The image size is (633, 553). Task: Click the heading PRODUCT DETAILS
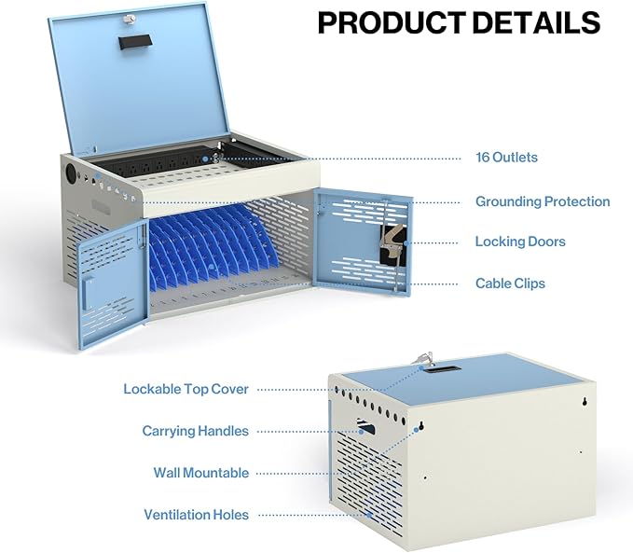pos(459,22)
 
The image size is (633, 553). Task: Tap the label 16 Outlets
pos(506,158)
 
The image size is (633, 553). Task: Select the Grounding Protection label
pos(543,201)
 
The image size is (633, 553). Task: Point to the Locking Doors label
pos(520,242)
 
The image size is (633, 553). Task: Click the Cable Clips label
pos(510,283)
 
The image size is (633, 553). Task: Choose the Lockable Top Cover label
pos(186,389)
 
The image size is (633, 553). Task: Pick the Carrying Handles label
pos(195,431)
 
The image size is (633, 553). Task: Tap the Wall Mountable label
pos(201,473)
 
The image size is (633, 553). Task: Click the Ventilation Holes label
pos(196,515)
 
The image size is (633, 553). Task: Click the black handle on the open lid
pos(136,42)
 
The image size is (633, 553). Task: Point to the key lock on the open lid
pos(130,19)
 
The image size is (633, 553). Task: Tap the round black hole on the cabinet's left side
pos(71,173)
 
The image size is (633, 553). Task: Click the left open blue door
pos(112,283)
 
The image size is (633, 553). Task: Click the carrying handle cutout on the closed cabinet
pos(365,426)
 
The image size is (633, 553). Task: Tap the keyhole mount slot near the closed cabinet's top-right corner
pos(585,402)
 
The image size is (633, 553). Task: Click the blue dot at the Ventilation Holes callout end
pos(368,515)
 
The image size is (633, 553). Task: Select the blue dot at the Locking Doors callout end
pos(406,243)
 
